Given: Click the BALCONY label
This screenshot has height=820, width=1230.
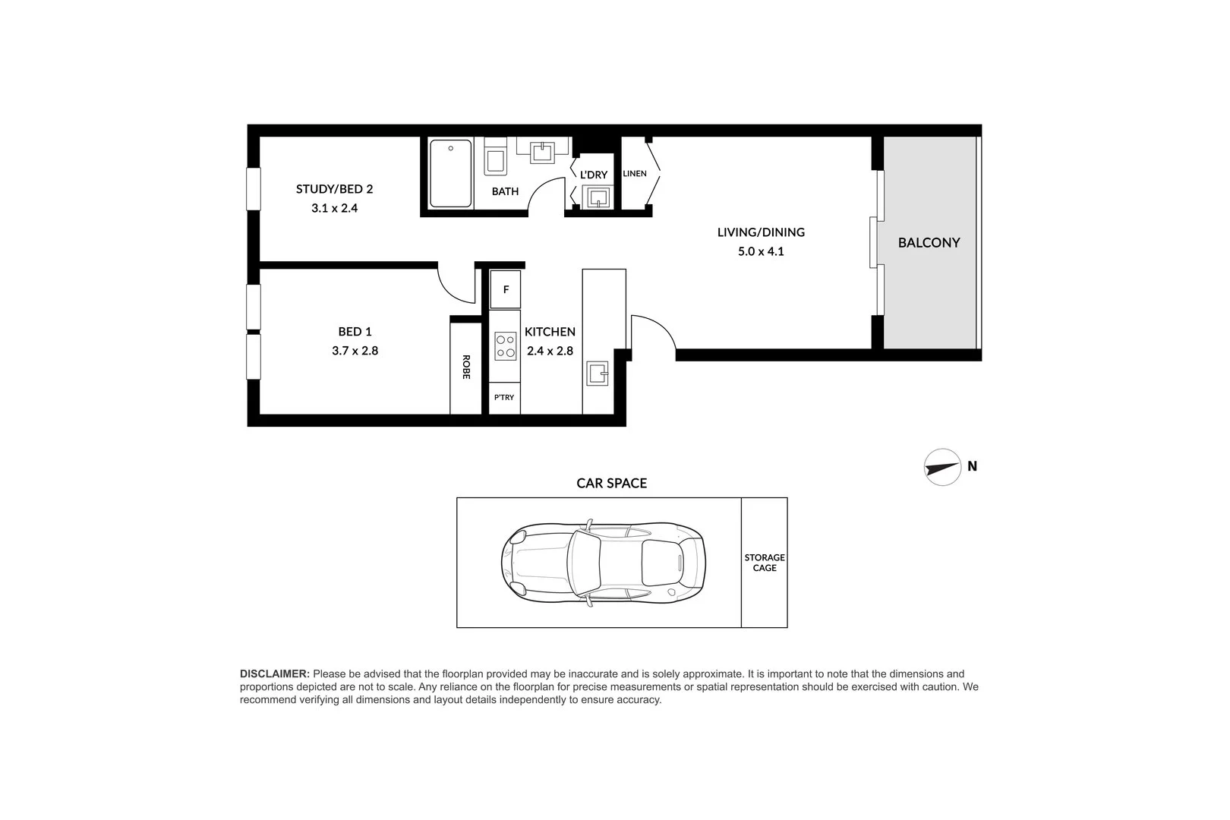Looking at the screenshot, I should pyautogui.click(x=929, y=243).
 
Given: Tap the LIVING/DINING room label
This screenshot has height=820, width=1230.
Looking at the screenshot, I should pyautogui.click(x=761, y=232).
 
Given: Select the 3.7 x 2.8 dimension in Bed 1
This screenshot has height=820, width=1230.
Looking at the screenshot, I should pyautogui.click(x=355, y=351).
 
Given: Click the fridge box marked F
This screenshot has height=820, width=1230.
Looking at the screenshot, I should pyautogui.click(x=506, y=290).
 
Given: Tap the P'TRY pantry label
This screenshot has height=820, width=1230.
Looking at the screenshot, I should pyautogui.click(x=504, y=398).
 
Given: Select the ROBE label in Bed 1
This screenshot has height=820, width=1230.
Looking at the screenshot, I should pyautogui.click(x=466, y=367).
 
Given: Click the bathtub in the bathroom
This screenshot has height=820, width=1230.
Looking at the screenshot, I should pyautogui.click(x=450, y=173).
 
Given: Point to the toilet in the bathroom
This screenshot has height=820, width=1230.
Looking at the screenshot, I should pyautogui.click(x=496, y=159).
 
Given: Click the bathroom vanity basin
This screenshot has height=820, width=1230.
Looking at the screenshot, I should pyautogui.click(x=544, y=151).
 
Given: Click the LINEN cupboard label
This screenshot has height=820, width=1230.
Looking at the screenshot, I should pyautogui.click(x=635, y=174).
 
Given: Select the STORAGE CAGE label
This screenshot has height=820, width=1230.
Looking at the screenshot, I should pyautogui.click(x=764, y=563).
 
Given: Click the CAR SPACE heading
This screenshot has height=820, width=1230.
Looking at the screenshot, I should pyautogui.click(x=611, y=483).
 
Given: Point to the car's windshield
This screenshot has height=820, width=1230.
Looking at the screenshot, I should pyautogui.click(x=584, y=563).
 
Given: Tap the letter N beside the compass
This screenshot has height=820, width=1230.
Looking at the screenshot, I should pyautogui.click(x=973, y=467).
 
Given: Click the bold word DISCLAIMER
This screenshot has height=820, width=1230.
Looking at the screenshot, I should pyautogui.click(x=274, y=673).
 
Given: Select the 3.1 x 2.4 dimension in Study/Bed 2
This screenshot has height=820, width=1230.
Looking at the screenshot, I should pyautogui.click(x=334, y=207).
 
